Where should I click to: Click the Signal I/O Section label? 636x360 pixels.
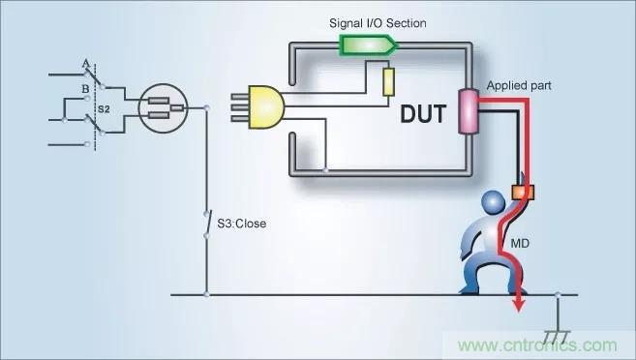[378, 23]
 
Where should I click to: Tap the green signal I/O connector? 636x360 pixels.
[368, 45]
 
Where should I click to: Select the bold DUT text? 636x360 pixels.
[423, 114]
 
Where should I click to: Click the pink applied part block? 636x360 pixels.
[469, 111]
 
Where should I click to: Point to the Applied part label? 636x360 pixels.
[519, 85]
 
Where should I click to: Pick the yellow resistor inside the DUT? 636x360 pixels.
[388, 82]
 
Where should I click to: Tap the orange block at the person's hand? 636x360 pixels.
[524, 193]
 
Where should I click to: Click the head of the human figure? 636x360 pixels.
[494, 202]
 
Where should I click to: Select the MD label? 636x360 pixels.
[520, 243]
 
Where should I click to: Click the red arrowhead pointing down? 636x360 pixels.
[518, 305]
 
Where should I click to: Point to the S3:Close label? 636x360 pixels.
[242, 224]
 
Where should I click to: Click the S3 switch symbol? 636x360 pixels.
[207, 225]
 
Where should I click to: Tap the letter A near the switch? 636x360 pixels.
[85, 64]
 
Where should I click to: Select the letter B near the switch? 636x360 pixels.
[85, 89]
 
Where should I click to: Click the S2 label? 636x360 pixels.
[104, 109]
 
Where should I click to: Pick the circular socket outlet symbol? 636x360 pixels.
[163, 107]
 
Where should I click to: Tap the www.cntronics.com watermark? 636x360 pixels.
[538, 345]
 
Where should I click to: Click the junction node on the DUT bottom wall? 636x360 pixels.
[325, 170]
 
